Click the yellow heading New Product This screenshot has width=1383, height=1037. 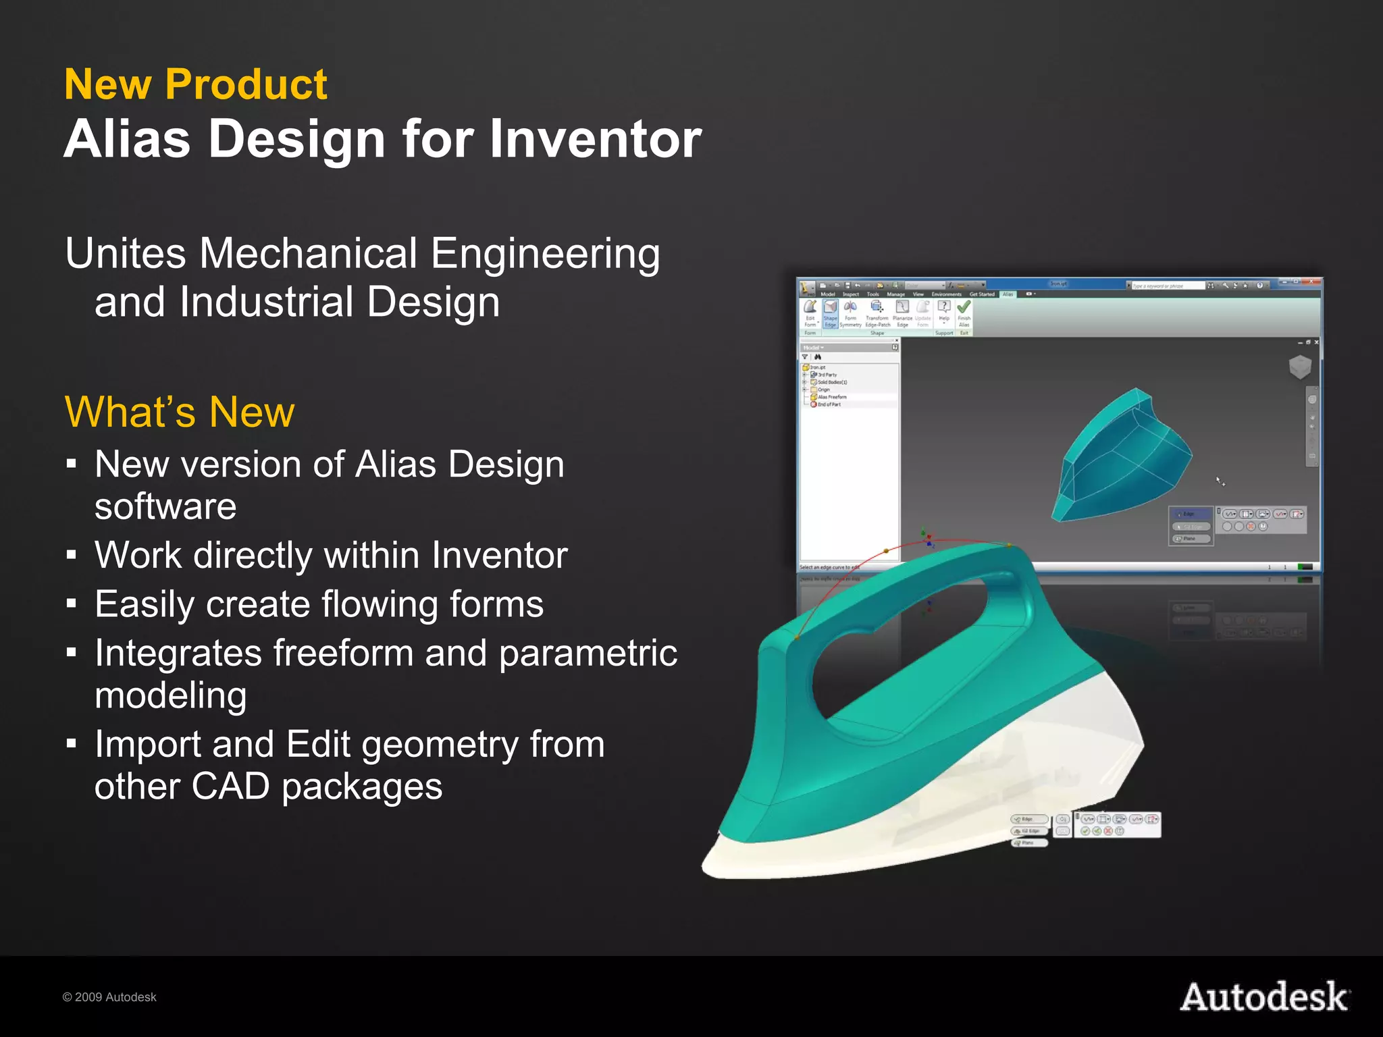[x=196, y=84]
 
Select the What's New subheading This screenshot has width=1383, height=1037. [x=180, y=412]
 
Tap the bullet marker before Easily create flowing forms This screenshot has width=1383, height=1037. [x=72, y=603]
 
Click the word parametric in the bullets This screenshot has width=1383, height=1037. [x=588, y=653]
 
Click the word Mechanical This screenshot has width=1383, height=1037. [x=308, y=254]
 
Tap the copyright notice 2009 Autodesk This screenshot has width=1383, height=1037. [x=109, y=997]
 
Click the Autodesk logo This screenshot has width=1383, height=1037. [x=1264, y=997]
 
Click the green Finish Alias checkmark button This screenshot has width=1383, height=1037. [x=964, y=313]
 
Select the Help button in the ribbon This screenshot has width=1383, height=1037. [x=944, y=311]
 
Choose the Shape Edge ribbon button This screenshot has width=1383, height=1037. [x=830, y=313]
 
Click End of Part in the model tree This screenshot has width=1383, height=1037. [x=829, y=404]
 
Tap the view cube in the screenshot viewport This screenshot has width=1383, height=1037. [x=1300, y=367]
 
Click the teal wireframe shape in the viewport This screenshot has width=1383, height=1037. [x=1121, y=459]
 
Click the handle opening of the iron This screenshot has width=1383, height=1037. [x=898, y=648]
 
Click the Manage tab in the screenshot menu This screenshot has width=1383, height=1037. [x=895, y=294]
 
